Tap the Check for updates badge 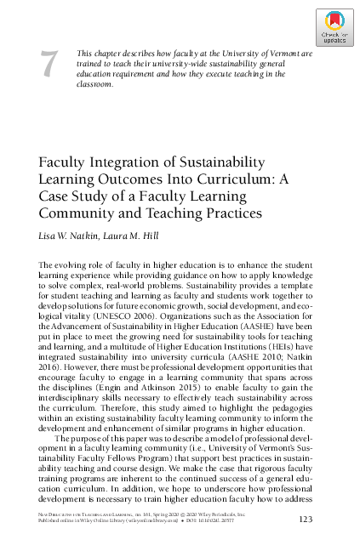[x=334, y=27]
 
